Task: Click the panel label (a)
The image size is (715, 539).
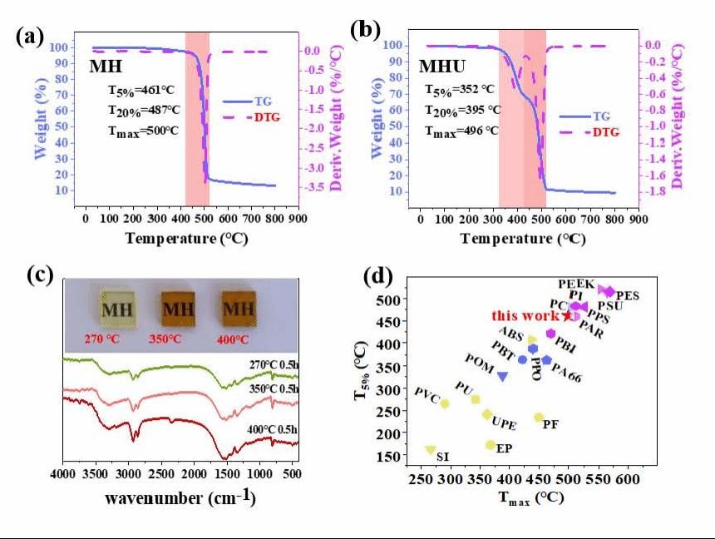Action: pos(29,36)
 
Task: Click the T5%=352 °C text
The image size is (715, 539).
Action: pos(459,89)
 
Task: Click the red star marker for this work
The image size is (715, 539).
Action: pos(568,314)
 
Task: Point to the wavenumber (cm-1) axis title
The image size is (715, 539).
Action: pos(180,498)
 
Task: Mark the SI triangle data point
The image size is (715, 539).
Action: pos(430,449)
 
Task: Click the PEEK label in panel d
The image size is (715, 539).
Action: pos(576,284)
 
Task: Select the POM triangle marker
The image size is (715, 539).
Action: pos(502,377)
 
